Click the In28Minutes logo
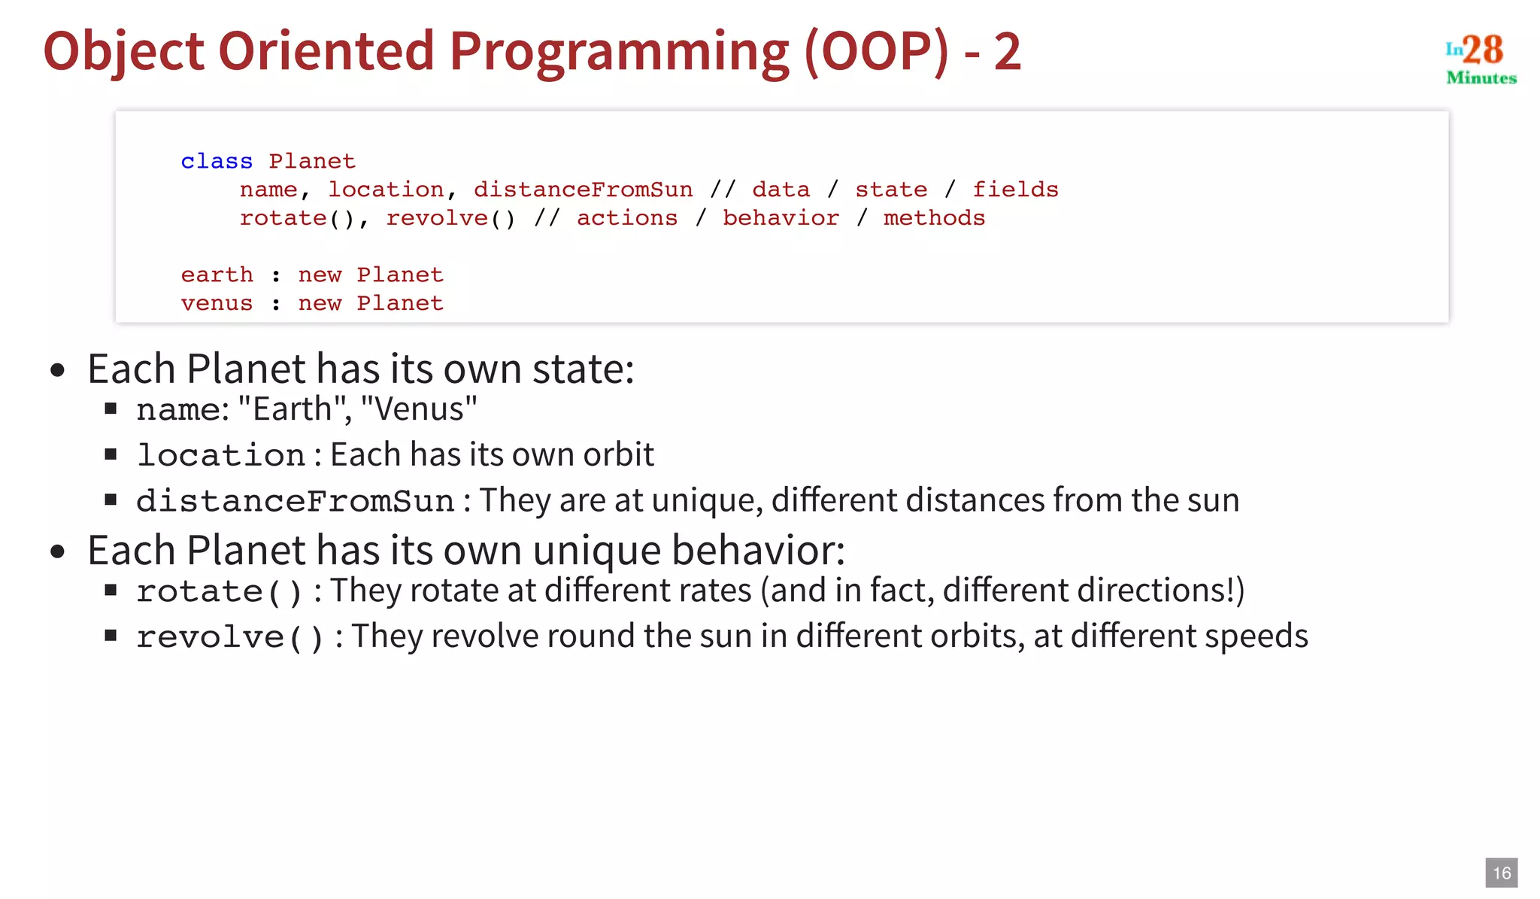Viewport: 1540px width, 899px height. coord(1480,59)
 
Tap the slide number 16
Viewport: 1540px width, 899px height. coord(1501,873)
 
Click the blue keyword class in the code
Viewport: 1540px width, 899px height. coord(217,161)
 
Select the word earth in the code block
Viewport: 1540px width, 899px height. coord(217,275)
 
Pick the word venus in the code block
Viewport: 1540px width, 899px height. coord(217,303)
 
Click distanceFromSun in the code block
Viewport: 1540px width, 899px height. coord(583,190)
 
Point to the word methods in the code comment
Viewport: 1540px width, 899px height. coord(934,218)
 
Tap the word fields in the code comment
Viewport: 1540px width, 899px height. coord(1015,190)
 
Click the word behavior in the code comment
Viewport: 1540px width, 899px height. coord(781,218)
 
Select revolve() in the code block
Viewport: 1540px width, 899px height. coord(450,218)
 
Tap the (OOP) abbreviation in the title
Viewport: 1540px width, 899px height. coord(877,51)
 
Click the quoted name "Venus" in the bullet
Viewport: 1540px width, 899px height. coord(419,409)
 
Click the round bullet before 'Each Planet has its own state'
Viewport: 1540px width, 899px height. coord(58,370)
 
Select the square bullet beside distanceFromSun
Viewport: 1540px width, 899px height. coord(111,500)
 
